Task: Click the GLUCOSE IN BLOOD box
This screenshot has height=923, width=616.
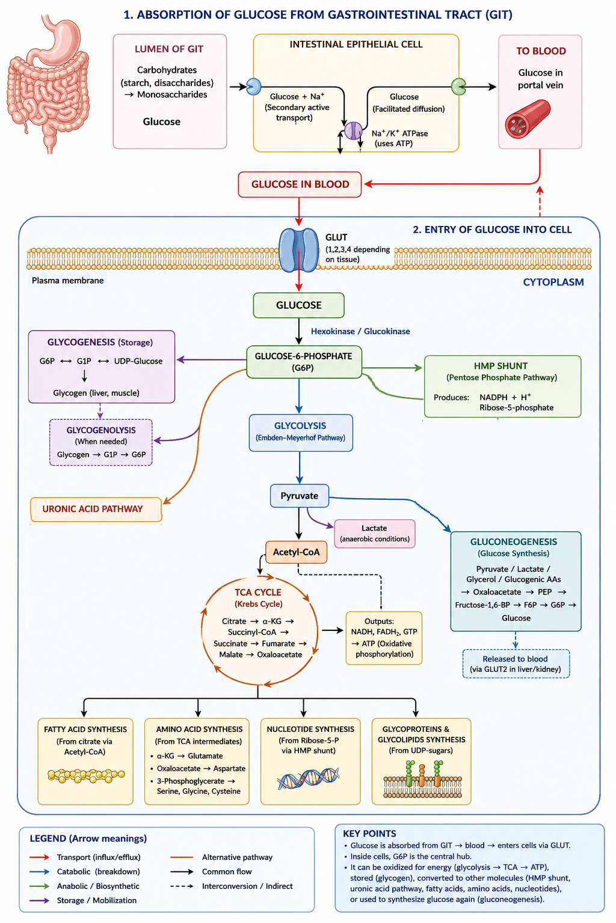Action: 300,184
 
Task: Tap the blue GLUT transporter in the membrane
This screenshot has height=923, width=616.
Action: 299,250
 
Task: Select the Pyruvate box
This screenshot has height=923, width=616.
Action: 300,496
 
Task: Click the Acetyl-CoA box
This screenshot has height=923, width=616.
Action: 296,552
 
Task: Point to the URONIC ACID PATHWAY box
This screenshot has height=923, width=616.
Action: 96,510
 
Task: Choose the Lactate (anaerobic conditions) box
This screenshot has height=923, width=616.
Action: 375,534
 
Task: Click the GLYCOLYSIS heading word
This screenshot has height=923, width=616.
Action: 300,425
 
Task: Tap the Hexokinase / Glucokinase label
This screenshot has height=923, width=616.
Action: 360,331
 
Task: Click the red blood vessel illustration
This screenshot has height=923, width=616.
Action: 528,118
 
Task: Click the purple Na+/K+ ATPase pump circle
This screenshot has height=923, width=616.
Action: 353,130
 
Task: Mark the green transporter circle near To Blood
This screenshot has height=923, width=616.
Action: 458,87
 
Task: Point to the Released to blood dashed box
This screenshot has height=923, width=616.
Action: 516,663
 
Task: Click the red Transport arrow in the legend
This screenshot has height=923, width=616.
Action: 40,857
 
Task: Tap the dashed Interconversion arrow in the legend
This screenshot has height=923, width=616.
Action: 182,886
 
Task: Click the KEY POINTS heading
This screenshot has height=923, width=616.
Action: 370,833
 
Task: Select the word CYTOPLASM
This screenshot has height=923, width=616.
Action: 553,282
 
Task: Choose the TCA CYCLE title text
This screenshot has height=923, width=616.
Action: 258,592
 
